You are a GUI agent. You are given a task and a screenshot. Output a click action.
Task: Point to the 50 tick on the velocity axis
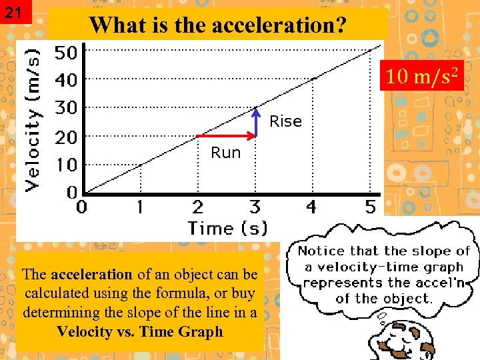[65, 51]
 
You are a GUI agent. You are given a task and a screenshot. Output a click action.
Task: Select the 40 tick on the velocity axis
[65, 79]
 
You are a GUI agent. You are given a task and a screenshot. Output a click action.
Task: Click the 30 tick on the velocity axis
[65, 107]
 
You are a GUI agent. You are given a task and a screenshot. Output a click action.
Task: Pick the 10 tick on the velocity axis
[65, 164]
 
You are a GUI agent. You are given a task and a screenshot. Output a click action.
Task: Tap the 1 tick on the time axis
[139, 207]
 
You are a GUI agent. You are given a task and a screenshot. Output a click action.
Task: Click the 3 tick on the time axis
[255, 207]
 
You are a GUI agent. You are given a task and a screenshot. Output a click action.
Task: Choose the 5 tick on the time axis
[371, 207]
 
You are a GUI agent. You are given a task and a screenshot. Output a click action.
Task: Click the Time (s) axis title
[227, 228]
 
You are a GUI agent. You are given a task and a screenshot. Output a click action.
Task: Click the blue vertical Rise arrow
[255, 121]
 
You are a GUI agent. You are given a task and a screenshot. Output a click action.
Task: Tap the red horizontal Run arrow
[226, 136]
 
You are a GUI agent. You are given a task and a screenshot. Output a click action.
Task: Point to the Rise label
[285, 121]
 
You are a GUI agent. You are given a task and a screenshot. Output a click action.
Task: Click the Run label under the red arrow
[225, 153]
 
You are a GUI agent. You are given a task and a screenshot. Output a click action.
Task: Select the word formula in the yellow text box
[192, 293]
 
